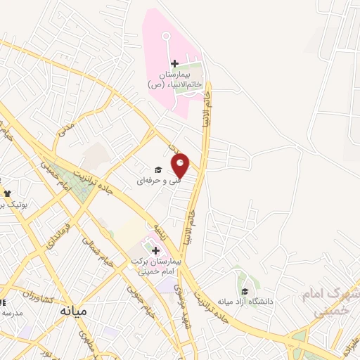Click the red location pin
[x=181, y=166]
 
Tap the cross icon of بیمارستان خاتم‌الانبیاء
[x=174, y=65]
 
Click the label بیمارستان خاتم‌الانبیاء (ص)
[x=175, y=79]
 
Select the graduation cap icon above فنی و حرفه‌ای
[x=159, y=169]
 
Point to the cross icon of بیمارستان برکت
[x=155, y=250]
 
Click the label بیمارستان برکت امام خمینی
[x=156, y=266]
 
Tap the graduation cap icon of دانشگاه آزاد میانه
[x=244, y=292]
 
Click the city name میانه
[x=73, y=310]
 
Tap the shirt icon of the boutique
[x=7, y=193]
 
